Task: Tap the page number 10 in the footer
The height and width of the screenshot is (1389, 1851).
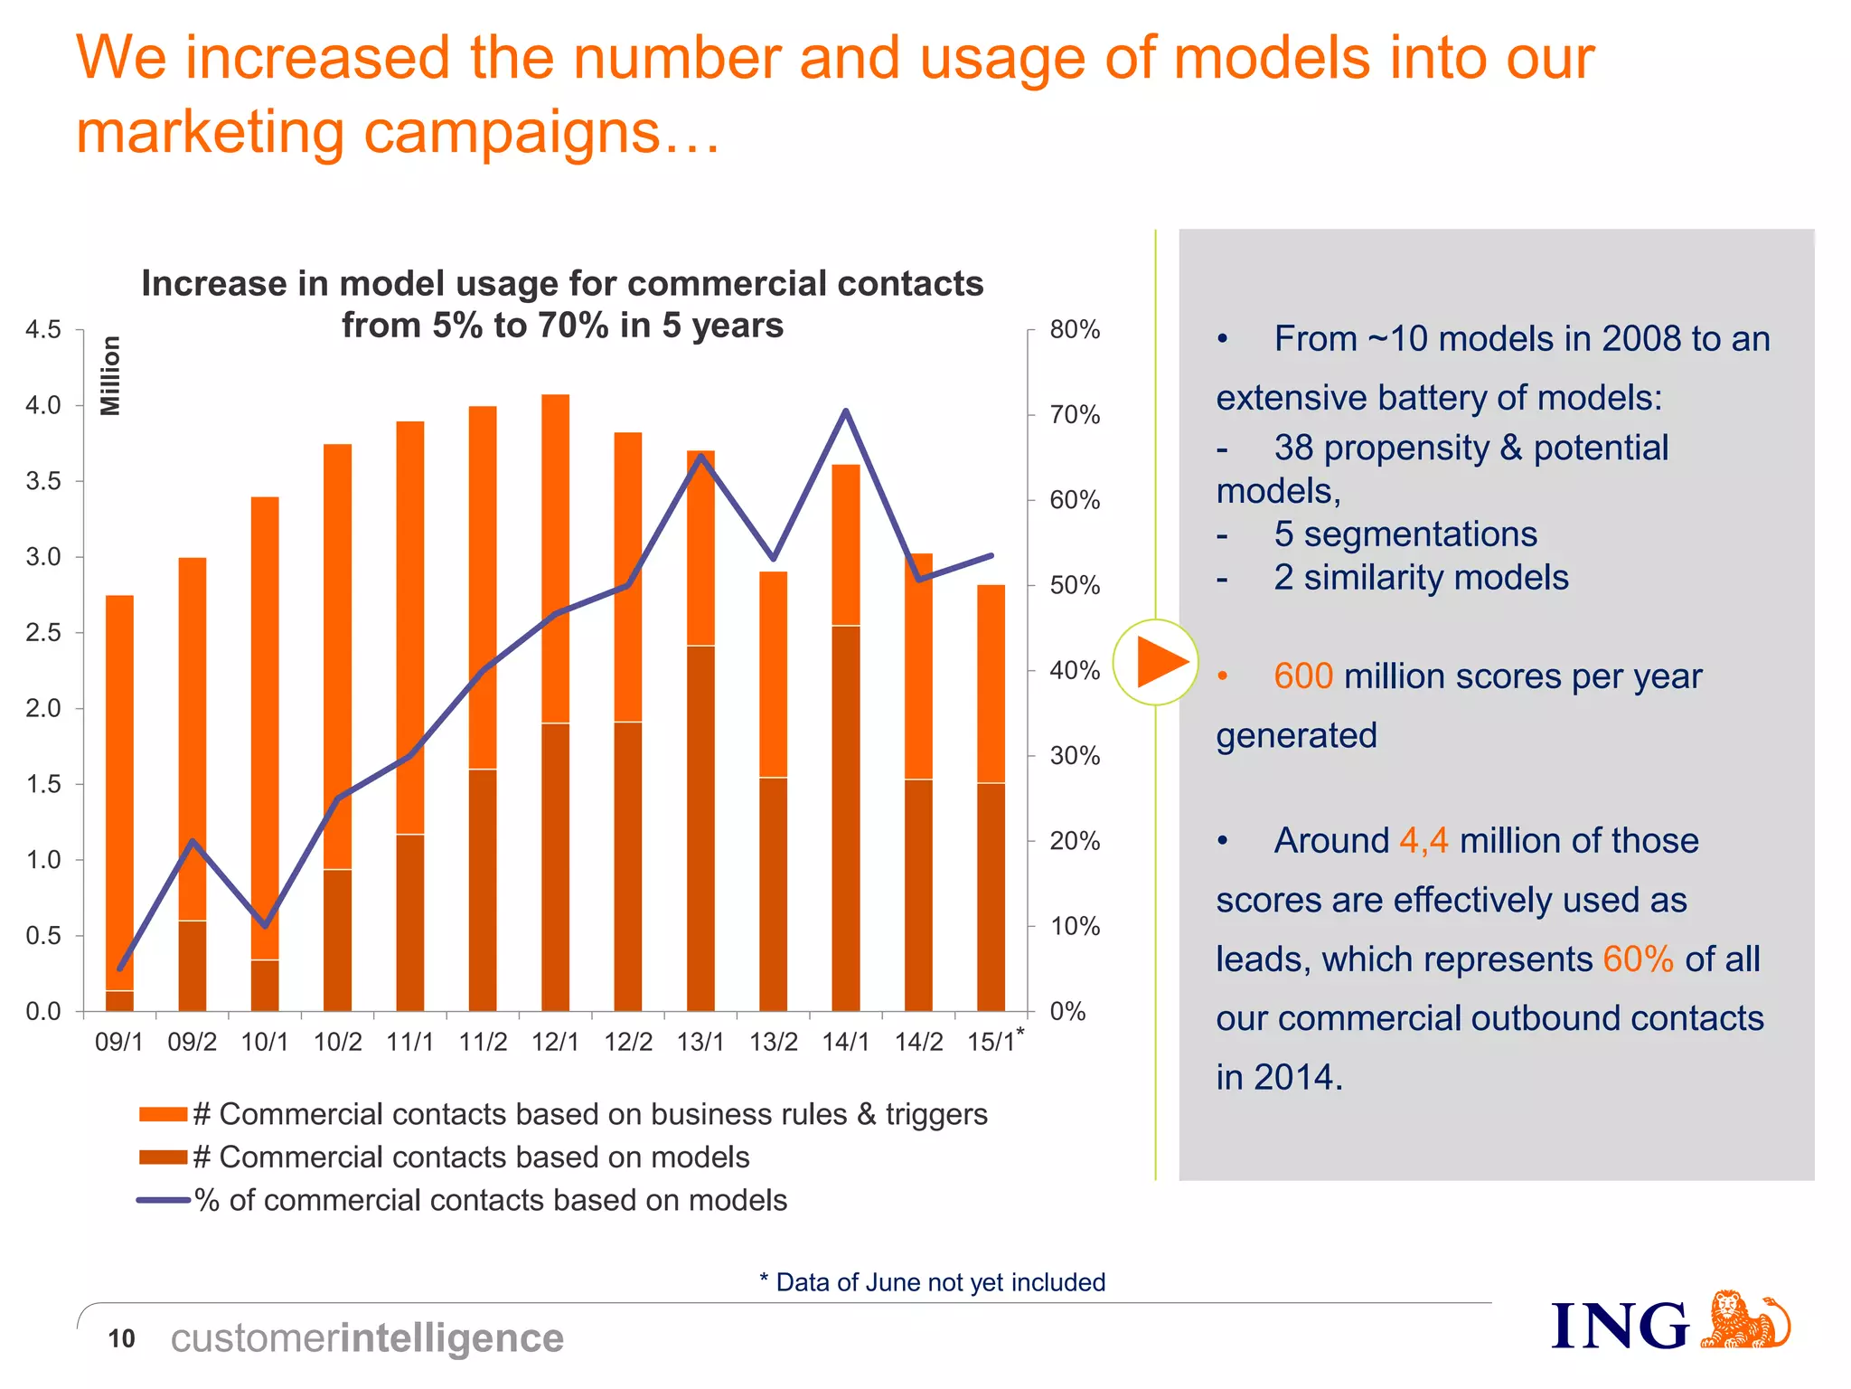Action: click(121, 1338)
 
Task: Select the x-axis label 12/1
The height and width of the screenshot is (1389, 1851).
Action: click(555, 1042)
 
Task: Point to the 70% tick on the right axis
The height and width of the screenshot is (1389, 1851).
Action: click(1075, 415)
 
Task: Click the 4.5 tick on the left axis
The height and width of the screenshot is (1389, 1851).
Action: click(43, 330)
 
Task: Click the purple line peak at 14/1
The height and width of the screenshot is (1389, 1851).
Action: click(845, 411)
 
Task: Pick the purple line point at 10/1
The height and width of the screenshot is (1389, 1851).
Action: click(265, 926)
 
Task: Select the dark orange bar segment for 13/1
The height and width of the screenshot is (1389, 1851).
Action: click(700, 827)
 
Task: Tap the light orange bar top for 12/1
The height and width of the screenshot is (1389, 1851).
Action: click(555, 398)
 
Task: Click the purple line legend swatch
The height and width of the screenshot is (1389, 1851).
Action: click(163, 1200)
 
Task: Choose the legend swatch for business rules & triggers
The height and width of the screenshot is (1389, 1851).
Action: click(163, 1114)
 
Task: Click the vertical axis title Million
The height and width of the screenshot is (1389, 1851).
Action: click(110, 375)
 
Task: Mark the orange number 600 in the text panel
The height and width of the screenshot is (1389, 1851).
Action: click(1302, 676)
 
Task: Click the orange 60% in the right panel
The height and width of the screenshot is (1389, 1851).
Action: click(1638, 959)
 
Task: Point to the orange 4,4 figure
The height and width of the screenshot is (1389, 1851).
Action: click(1423, 841)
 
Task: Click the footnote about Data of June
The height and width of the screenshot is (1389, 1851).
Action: click(932, 1282)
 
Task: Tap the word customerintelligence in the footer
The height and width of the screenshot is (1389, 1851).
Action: click(367, 1338)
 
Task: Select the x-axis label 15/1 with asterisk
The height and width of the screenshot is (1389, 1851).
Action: click(994, 1041)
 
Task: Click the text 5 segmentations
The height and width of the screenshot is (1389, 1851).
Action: click(1405, 534)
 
